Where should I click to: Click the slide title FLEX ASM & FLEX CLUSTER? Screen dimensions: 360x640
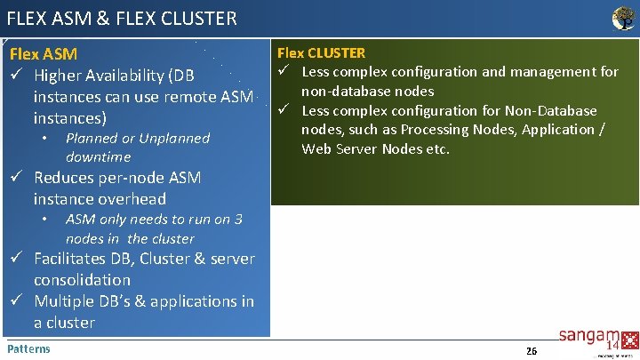click(122, 17)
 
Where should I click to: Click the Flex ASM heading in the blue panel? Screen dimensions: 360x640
click(43, 54)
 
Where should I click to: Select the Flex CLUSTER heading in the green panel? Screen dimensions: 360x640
click(322, 52)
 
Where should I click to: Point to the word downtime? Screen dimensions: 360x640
click(98, 157)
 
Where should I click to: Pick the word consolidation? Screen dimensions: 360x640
click(82, 280)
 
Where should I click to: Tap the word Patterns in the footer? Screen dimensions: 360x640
click(28, 348)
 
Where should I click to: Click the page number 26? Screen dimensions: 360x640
click(531, 351)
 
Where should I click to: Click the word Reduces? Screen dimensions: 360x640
click(64, 178)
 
